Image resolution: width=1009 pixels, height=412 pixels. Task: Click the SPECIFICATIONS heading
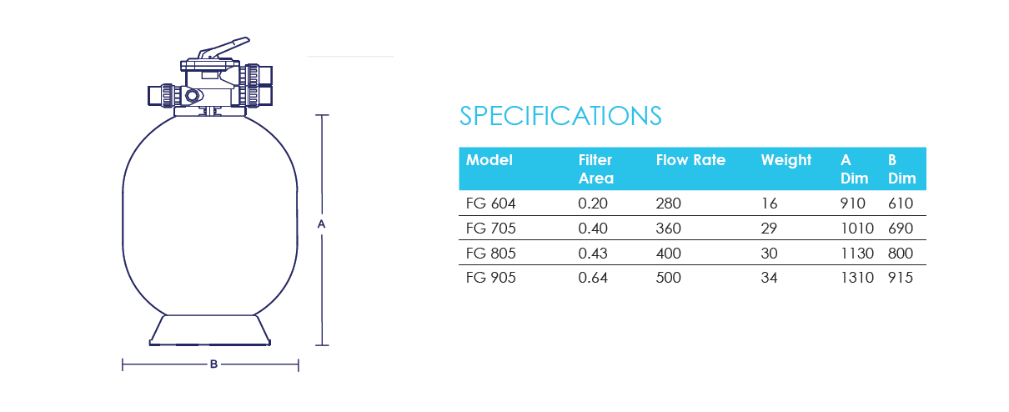(x=560, y=116)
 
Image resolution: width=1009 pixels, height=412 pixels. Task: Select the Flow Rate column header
(x=690, y=160)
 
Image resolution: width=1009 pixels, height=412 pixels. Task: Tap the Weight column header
(x=786, y=160)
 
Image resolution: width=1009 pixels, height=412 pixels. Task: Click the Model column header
(x=489, y=160)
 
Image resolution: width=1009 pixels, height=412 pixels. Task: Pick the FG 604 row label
(x=490, y=203)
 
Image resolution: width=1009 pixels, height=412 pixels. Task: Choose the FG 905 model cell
(x=490, y=278)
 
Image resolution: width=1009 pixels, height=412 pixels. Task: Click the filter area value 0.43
(x=593, y=253)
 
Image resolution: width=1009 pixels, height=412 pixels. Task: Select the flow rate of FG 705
(x=669, y=229)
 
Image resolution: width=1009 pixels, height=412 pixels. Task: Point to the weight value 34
(x=769, y=278)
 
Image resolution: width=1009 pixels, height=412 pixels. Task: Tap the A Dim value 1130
(x=857, y=253)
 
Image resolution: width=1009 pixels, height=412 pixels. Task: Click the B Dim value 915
(x=901, y=278)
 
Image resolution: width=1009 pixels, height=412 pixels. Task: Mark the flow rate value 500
(x=669, y=278)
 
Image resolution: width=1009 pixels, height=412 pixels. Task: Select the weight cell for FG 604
(x=769, y=203)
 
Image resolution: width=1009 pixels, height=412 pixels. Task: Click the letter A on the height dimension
(x=321, y=224)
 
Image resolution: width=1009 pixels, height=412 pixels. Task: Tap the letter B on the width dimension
(x=214, y=364)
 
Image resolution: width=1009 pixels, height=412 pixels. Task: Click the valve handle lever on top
(x=223, y=48)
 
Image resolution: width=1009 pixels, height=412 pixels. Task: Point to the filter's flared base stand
(x=210, y=330)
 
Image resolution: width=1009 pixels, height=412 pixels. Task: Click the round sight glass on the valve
(x=193, y=95)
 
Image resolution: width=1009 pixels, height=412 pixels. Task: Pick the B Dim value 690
(x=901, y=229)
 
